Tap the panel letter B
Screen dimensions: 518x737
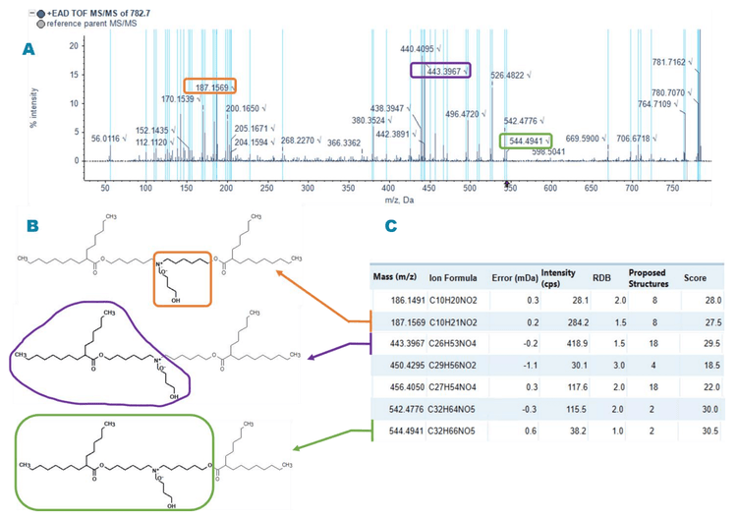(32, 226)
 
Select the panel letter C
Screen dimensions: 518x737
(390, 226)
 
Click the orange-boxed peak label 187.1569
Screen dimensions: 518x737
(209, 86)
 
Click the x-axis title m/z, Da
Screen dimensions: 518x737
(397, 198)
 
